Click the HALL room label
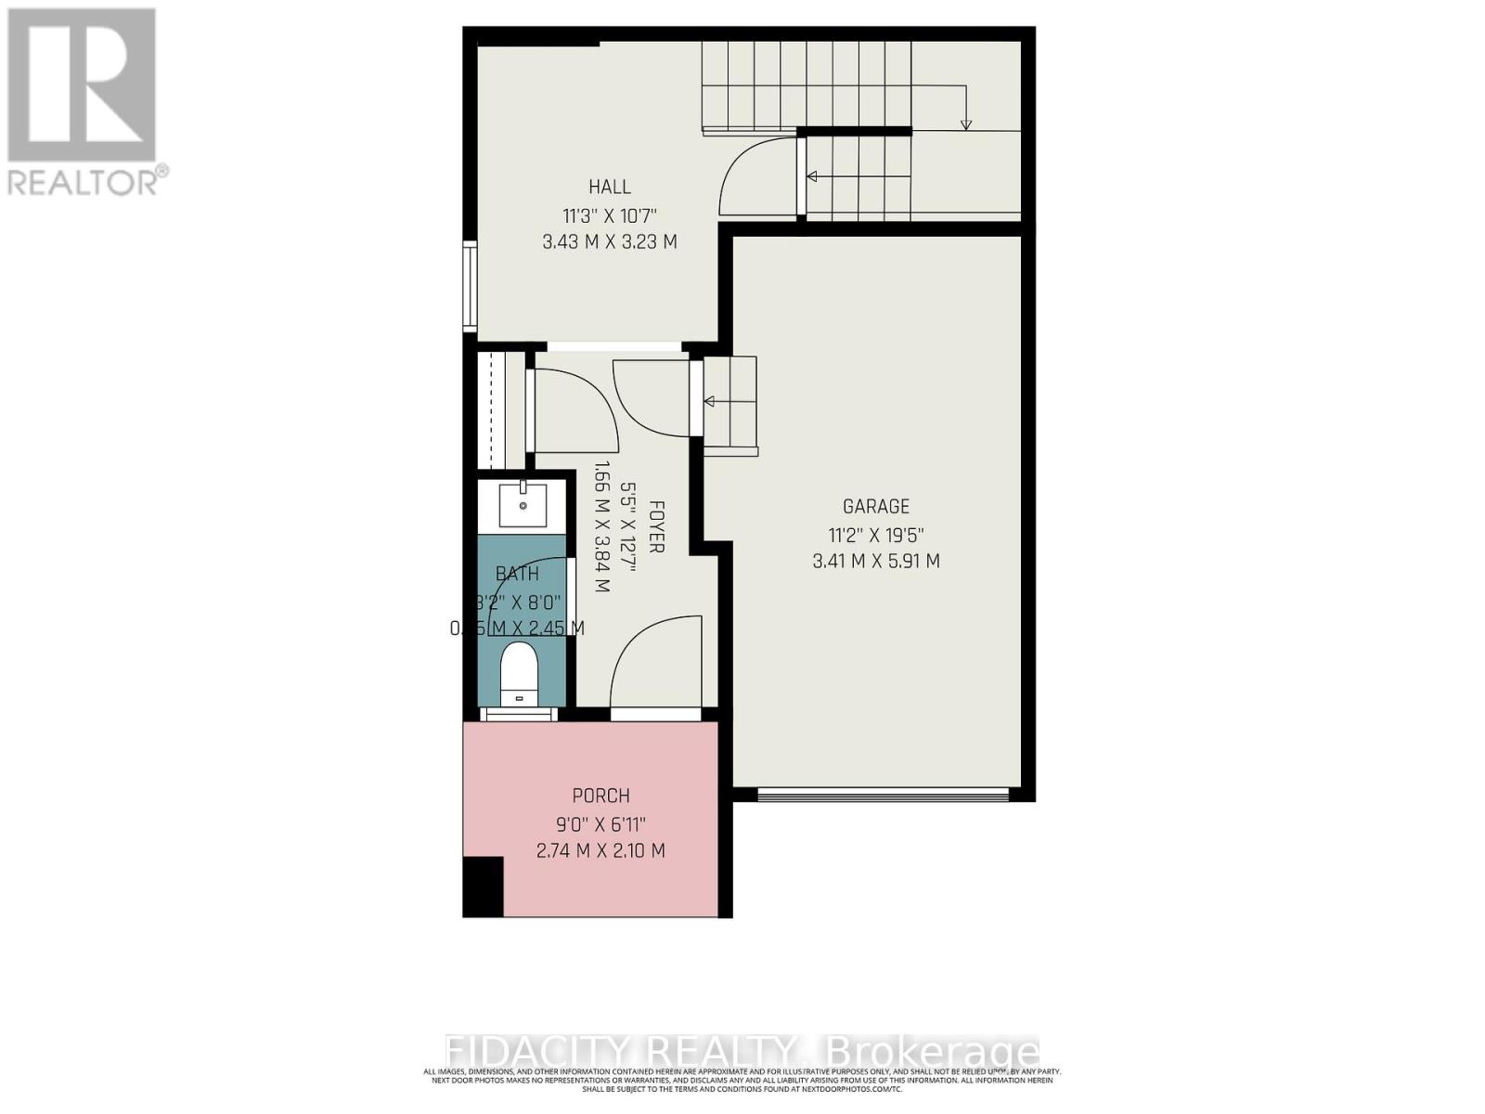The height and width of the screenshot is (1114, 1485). pyautogui.click(x=609, y=187)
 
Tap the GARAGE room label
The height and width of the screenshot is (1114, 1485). pyautogui.click(x=875, y=506)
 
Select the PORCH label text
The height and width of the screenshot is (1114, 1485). pyautogui.click(x=600, y=796)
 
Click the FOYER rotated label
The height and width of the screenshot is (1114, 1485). pyautogui.click(x=656, y=527)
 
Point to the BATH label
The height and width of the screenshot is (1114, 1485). pyautogui.click(x=517, y=575)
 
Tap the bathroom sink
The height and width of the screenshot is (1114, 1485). pyautogui.click(x=523, y=505)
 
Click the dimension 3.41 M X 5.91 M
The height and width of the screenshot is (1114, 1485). pyautogui.click(x=875, y=561)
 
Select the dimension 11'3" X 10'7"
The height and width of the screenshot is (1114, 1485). pyautogui.click(x=609, y=215)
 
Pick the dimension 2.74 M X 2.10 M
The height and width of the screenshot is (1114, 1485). pyautogui.click(x=600, y=850)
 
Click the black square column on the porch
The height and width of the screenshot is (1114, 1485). pyautogui.click(x=483, y=887)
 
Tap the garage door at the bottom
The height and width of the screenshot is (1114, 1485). pyautogui.click(x=883, y=795)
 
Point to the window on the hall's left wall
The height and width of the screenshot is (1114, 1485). pyautogui.click(x=471, y=287)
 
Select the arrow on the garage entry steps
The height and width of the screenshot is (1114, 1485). pyautogui.click(x=729, y=402)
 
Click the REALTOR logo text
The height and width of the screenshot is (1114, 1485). pyautogui.click(x=88, y=181)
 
